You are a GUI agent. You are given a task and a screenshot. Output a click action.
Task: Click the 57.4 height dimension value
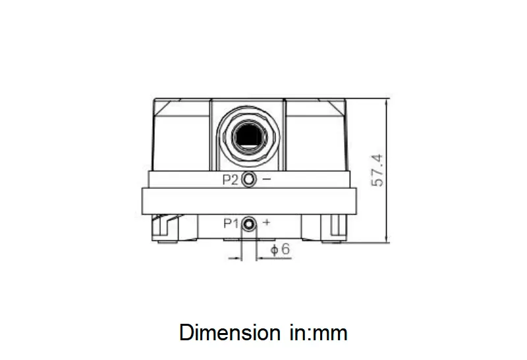(377, 170)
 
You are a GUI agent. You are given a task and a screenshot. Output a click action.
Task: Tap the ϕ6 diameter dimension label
(281, 249)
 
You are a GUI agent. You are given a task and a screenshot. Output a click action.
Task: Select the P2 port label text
(230, 180)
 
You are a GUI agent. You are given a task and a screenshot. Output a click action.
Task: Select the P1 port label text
(230, 223)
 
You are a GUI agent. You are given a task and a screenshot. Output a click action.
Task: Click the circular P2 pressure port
(248, 180)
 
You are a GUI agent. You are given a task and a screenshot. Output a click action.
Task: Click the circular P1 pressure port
(249, 224)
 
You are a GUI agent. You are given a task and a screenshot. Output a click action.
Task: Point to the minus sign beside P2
(267, 180)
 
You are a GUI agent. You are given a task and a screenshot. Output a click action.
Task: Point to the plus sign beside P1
(267, 223)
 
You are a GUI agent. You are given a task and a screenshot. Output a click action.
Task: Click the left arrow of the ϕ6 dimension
(236, 259)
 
